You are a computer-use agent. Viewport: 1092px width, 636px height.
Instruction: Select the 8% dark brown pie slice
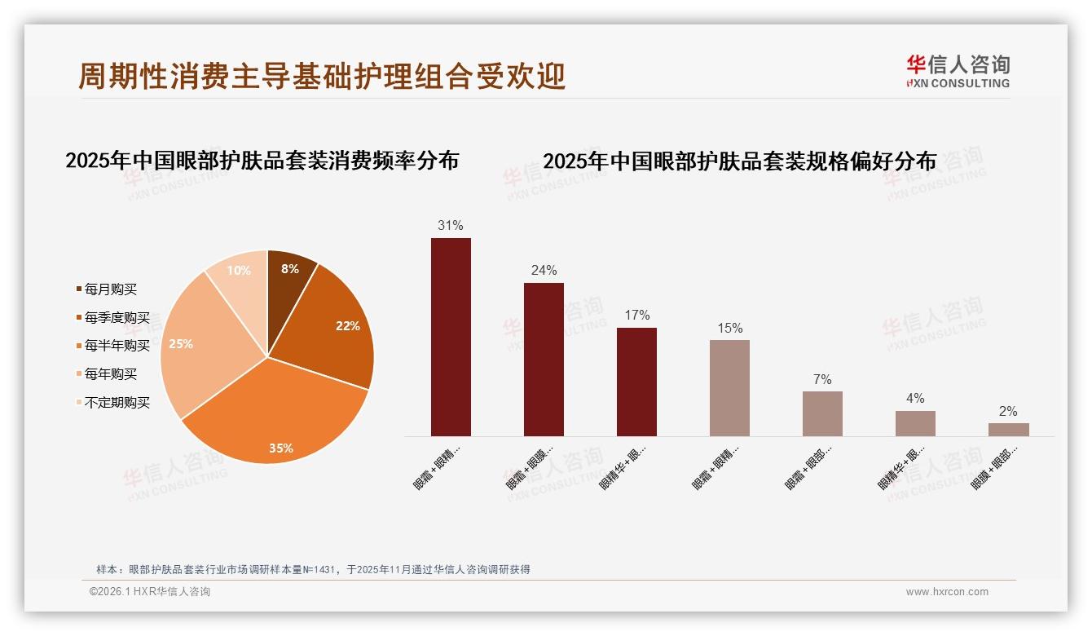[288, 274]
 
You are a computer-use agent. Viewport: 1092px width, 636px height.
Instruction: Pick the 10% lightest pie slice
[240, 273]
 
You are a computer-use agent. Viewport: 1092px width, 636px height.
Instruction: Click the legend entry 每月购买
[110, 289]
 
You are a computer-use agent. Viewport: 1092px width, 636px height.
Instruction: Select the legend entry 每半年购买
[117, 346]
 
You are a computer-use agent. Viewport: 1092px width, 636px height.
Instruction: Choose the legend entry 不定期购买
[117, 403]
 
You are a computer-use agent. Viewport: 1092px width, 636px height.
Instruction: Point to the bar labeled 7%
[822, 413]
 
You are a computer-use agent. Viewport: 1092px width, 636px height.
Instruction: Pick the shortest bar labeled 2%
[1008, 429]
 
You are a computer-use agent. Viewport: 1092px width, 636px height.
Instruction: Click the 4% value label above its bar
[915, 399]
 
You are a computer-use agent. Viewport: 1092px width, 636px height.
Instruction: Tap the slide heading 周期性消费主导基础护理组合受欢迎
[322, 77]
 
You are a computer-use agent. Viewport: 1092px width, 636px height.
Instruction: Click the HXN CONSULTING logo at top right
[958, 72]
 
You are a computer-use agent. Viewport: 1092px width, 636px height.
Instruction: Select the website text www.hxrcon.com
[947, 592]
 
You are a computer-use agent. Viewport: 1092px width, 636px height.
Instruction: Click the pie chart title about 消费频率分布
[262, 161]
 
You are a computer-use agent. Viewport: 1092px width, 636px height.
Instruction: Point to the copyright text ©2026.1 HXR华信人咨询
[150, 592]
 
